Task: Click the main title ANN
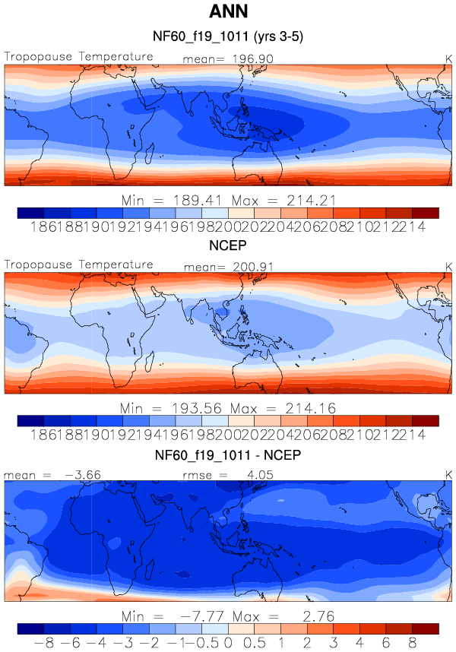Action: coord(227,13)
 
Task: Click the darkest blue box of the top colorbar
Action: coord(30,213)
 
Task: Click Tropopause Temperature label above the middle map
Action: coord(78,264)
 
